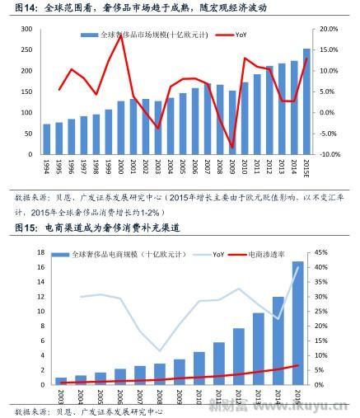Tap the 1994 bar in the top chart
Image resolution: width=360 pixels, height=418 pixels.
[x=47, y=139]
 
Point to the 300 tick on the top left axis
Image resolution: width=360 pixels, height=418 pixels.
[x=26, y=29]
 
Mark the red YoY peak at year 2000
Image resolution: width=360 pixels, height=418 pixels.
[x=121, y=35]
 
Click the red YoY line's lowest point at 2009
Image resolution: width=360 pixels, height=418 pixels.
[x=231, y=147]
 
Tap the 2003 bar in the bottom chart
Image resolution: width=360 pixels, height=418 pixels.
[x=61, y=381]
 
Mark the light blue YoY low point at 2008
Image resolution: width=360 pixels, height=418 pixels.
[x=160, y=350]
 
